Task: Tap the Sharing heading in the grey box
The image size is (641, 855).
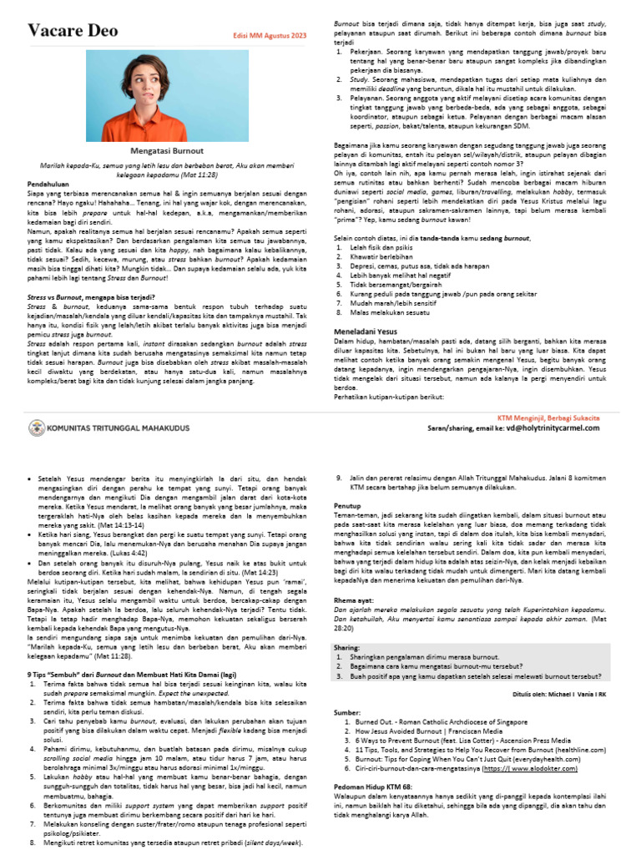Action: coord(347,646)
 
